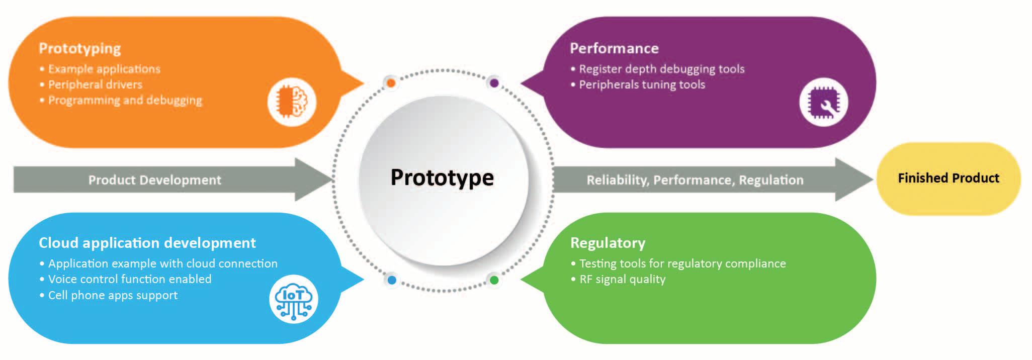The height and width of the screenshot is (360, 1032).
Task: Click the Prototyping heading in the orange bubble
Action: point(79,48)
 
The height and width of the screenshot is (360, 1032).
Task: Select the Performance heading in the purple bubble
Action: point(614,48)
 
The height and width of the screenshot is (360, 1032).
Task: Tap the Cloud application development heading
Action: point(147,243)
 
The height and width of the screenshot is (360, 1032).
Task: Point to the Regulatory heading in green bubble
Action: point(608,243)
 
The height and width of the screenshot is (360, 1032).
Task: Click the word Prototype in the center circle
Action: point(442,177)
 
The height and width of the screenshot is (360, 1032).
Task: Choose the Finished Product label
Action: point(949,178)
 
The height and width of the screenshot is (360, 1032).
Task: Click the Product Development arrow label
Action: point(154,180)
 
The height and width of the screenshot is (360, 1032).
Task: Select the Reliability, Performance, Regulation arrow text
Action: point(695,180)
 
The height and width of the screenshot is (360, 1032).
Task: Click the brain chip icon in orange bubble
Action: point(292,102)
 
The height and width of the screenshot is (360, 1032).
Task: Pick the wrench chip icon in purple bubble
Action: point(823,102)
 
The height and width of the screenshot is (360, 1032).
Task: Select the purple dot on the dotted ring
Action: point(494,83)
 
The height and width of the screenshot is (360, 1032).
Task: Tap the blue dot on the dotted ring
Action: point(392,280)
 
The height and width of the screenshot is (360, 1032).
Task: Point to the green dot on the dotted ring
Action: point(494,280)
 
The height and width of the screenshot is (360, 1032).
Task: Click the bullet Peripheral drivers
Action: point(95,84)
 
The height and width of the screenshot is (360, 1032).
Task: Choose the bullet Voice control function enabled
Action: point(130,279)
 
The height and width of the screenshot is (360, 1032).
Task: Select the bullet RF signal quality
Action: point(622,279)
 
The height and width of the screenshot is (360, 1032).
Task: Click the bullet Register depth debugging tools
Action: point(661,69)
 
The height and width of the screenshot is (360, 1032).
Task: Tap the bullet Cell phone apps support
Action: point(113,295)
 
